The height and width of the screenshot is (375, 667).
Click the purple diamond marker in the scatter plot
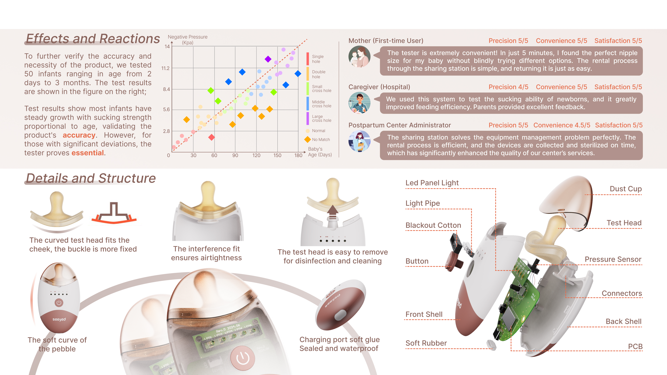coord(268,59)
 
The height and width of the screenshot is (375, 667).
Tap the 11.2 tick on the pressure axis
coord(166,68)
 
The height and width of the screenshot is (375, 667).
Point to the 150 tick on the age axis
coord(277,155)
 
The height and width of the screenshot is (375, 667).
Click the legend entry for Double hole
coord(318,74)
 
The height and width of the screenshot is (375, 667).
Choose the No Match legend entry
coord(320,139)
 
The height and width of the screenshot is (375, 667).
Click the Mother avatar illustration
coord(359,57)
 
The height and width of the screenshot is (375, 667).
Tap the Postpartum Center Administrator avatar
coord(359,141)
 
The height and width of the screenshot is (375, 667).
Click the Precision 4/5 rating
coord(508,87)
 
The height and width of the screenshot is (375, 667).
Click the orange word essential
coord(88,153)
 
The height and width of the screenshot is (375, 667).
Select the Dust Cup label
coord(625,189)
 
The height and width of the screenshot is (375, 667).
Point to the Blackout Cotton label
coord(433,225)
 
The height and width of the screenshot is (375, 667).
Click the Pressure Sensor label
coord(613,259)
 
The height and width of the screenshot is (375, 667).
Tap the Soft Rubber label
coord(426,343)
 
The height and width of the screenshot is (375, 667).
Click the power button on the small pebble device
coord(59,303)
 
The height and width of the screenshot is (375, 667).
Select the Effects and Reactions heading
coord(93,39)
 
